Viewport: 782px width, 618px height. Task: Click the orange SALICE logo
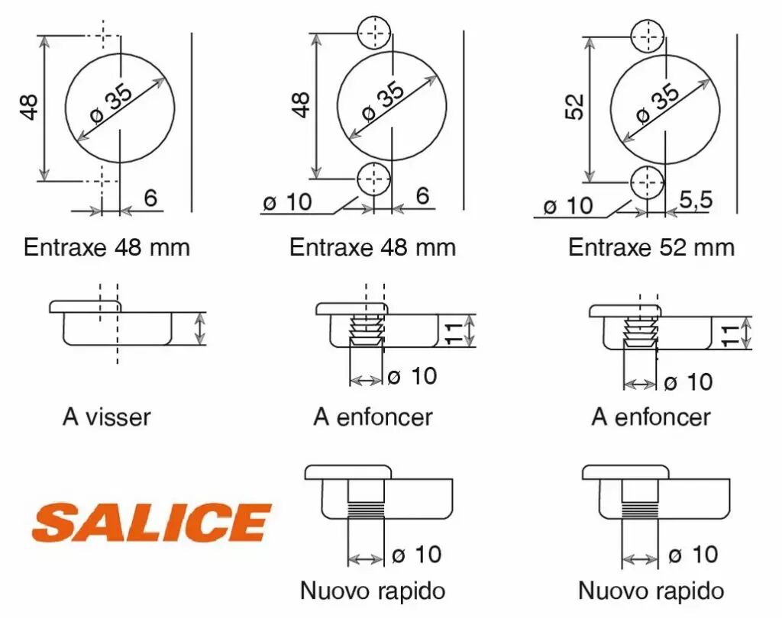point(151,522)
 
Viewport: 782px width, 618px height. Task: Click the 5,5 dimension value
point(696,200)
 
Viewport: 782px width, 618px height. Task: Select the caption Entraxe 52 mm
point(651,247)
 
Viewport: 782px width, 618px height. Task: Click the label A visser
point(107,417)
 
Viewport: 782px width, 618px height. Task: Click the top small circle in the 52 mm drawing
point(648,37)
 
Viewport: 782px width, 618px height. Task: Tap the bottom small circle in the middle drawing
point(373,179)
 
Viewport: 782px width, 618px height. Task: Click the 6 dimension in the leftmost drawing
point(150,198)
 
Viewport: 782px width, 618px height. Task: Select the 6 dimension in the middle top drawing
point(422,195)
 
